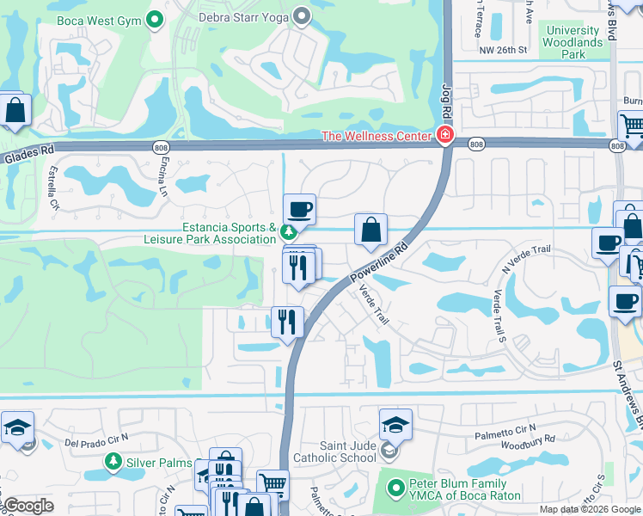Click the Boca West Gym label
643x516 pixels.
97,19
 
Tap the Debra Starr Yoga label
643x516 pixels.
245,15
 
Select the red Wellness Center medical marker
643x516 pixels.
444,135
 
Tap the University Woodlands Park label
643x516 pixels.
574,42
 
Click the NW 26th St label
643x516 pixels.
502,50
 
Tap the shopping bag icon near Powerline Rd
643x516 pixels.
370,230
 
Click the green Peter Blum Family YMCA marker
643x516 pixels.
396,488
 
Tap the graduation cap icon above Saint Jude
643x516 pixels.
395,425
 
